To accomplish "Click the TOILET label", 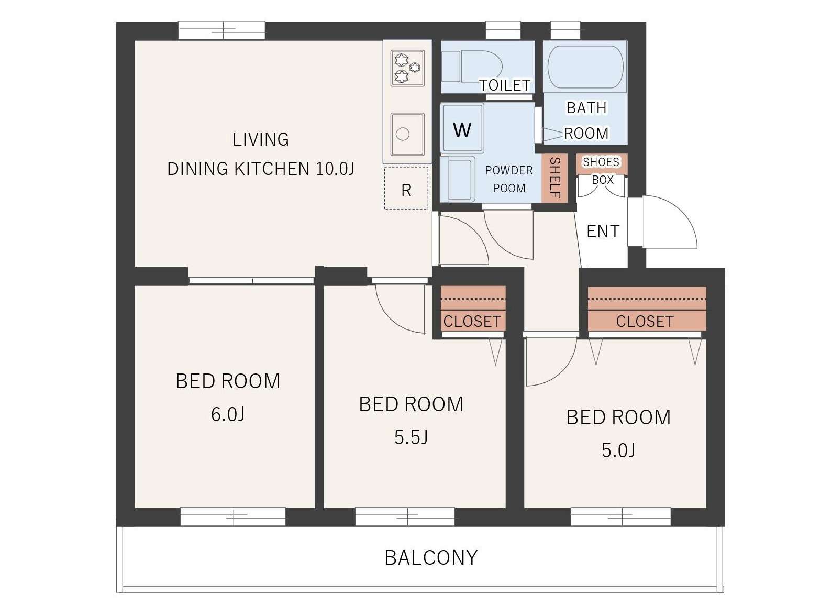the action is pyautogui.click(x=505, y=85).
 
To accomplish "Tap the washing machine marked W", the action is pyautogui.click(x=462, y=128).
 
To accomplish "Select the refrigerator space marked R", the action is pyautogui.click(x=406, y=188).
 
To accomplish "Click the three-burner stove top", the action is pyautogui.click(x=407, y=68).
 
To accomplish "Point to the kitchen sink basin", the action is pyautogui.click(x=407, y=134).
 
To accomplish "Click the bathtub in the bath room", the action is pyautogui.click(x=586, y=67).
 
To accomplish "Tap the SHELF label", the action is pyautogui.click(x=555, y=178).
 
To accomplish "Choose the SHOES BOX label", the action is pyautogui.click(x=602, y=171).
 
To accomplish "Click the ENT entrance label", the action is pyautogui.click(x=603, y=231).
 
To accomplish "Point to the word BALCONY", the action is pyautogui.click(x=431, y=558).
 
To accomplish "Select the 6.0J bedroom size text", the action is pyautogui.click(x=228, y=414).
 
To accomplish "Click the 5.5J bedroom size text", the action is pyautogui.click(x=410, y=437).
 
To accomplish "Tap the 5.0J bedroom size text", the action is pyautogui.click(x=618, y=450).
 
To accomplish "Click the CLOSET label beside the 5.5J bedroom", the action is pyautogui.click(x=472, y=321).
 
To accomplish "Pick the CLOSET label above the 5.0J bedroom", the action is pyautogui.click(x=645, y=321).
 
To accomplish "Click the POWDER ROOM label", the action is pyautogui.click(x=509, y=179).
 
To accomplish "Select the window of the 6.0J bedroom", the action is pyautogui.click(x=233, y=516).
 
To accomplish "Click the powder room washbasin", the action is pyautogui.click(x=458, y=179).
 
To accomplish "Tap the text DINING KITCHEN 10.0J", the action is pyautogui.click(x=260, y=169).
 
